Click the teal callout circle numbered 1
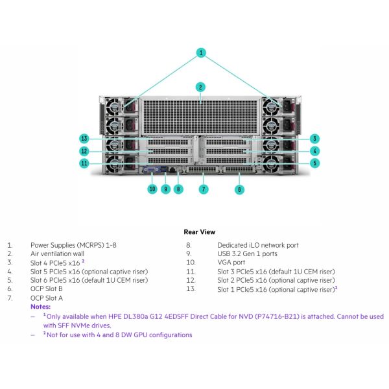point(202,53)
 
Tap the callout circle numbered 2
point(201,87)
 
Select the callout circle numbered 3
point(314,138)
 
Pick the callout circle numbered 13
point(84,138)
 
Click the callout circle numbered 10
point(152,189)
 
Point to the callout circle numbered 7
point(204,189)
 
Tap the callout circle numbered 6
point(239,189)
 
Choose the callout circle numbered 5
point(314,163)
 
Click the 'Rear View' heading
point(200,231)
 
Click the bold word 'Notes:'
point(40,305)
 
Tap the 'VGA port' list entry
point(231,263)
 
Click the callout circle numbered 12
point(84,151)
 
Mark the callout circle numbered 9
point(165,189)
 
